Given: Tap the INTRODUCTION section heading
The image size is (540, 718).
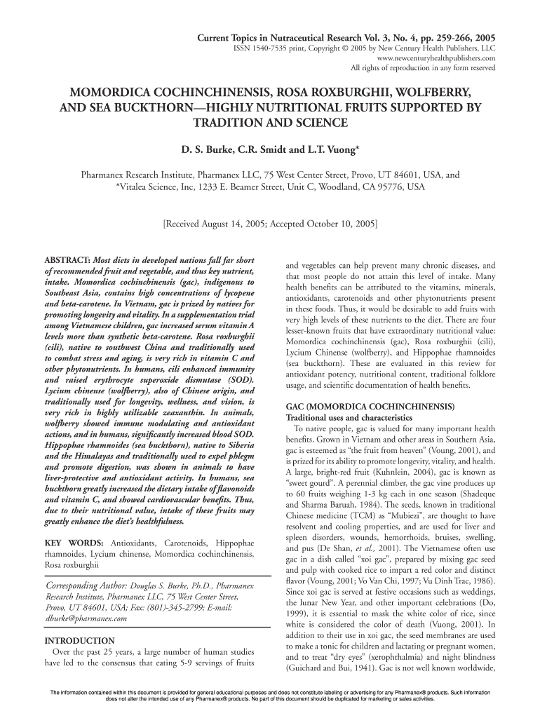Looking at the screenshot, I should [79, 640].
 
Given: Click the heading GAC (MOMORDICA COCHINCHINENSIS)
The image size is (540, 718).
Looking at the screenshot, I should [370, 407].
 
